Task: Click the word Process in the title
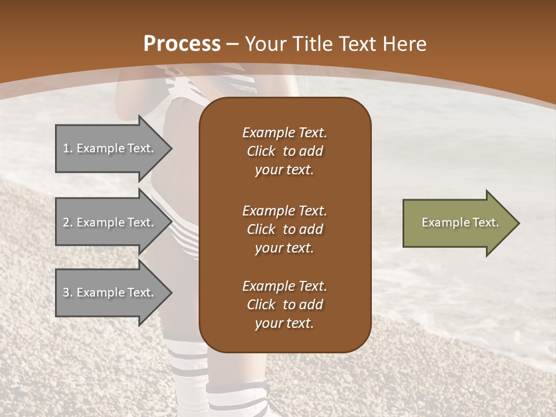click(x=182, y=44)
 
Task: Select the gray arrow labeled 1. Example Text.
click(x=110, y=148)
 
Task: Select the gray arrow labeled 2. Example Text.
click(x=110, y=222)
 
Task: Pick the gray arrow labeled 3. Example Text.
click(x=110, y=292)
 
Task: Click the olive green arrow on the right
click(x=458, y=223)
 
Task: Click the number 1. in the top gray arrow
click(x=68, y=148)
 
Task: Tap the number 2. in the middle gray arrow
click(x=68, y=222)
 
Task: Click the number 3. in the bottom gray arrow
click(x=68, y=292)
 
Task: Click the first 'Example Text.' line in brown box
click(x=284, y=133)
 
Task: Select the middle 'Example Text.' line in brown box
click(x=284, y=210)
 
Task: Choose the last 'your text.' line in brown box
click(x=284, y=323)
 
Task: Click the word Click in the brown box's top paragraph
click(x=261, y=151)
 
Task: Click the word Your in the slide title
click(x=268, y=44)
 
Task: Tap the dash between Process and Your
click(x=232, y=44)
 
